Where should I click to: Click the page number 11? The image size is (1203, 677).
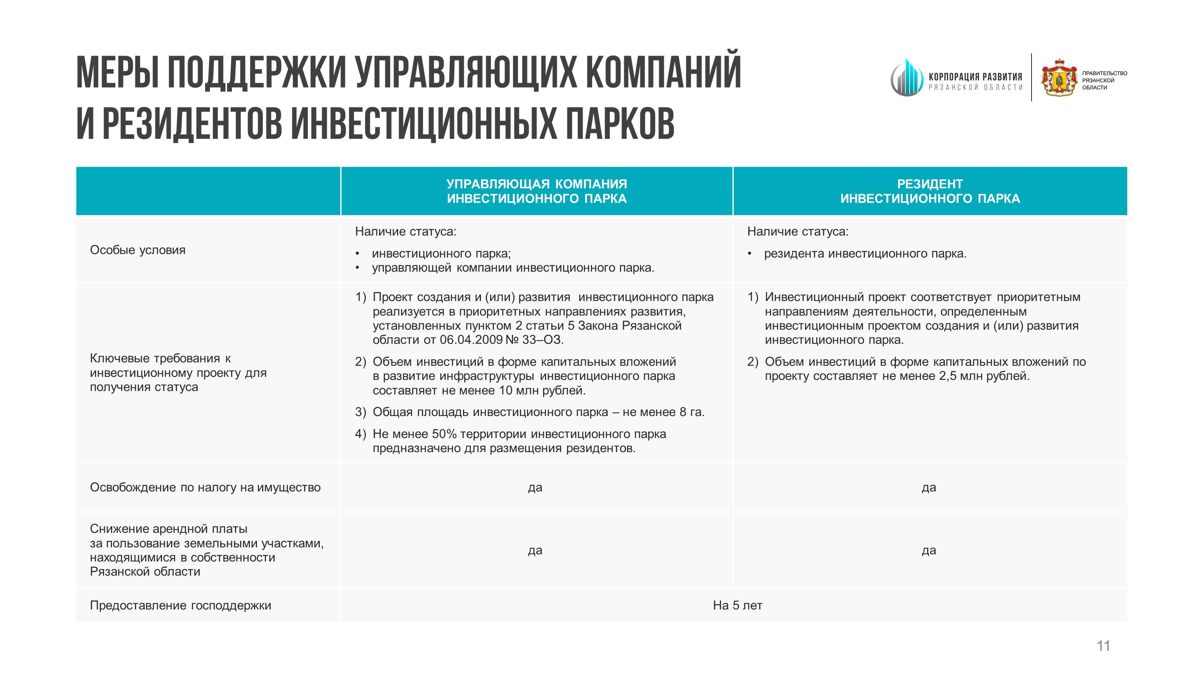pyautogui.click(x=1103, y=646)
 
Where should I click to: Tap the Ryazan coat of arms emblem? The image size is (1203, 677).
pyautogui.click(x=1059, y=78)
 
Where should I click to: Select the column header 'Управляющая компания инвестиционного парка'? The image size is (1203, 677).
pyautogui.click(x=537, y=191)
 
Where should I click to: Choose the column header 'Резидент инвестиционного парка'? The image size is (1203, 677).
pyautogui.click(x=930, y=191)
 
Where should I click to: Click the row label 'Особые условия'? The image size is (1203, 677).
pyautogui.click(x=138, y=250)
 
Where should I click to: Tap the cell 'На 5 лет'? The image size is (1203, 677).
pyautogui.click(x=737, y=606)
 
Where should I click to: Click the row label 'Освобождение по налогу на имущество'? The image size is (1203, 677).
pyautogui.click(x=205, y=487)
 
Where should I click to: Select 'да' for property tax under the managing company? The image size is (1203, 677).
pyautogui.click(x=535, y=487)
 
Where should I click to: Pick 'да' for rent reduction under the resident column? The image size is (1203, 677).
pyautogui.click(x=929, y=550)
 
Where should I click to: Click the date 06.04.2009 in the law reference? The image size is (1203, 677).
pyautogui.click(x=471, y=339)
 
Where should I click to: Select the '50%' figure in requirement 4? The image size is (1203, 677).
pyautogui.click(x=444, y=434)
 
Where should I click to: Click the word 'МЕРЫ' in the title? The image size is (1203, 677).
pyautogui.click(x=117, y=73)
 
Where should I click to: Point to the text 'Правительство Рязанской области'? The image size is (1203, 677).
pyautogui.click(x=1104, y=80)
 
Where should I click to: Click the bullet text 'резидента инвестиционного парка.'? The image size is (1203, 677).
pyautogui.click(x=865, y=254)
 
